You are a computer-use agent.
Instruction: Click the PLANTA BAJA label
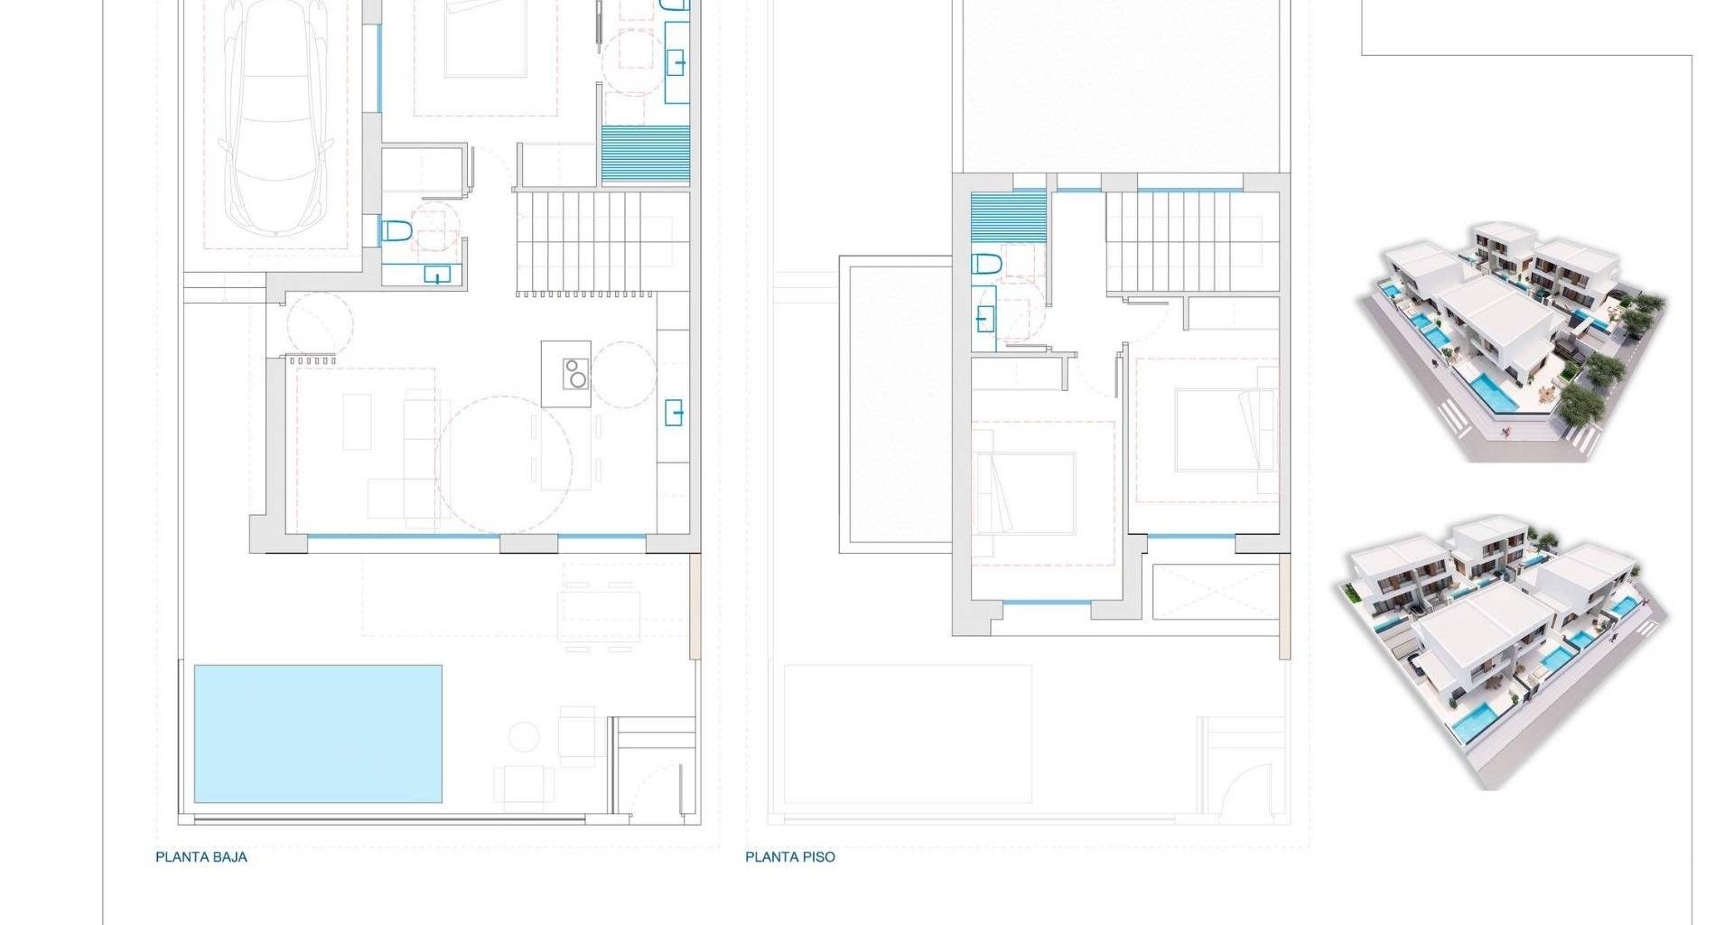[201, 857]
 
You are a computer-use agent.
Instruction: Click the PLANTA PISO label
[790, 857]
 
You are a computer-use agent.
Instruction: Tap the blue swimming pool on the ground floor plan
[318, 733]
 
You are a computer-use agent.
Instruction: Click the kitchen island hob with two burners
[575, 373]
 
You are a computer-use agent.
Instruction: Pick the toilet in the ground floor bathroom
[396, 231]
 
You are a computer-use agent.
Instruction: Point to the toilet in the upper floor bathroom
[987, 265]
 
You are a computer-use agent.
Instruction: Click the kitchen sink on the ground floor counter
[675, 412]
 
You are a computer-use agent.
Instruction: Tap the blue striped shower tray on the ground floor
[646, 155]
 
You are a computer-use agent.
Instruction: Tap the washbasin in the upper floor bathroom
[984, 317]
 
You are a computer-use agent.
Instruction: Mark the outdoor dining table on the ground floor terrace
[599, 604]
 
